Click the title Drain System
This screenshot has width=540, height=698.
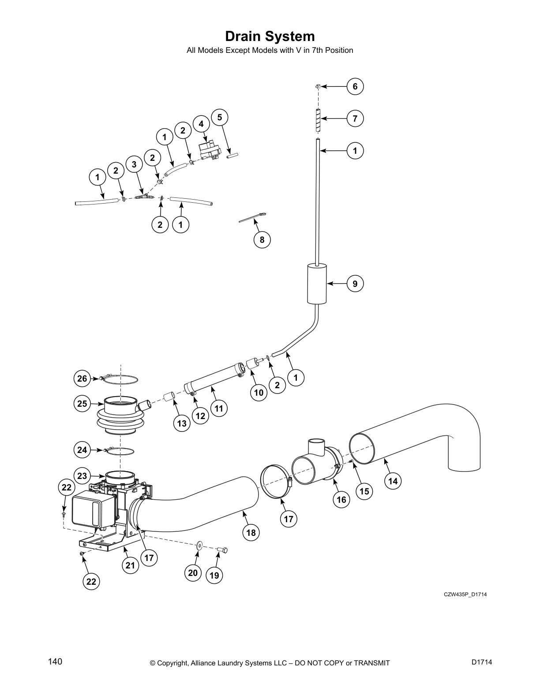point(270,36)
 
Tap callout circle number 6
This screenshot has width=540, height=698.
point(355,86)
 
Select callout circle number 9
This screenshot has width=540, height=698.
point(355,283)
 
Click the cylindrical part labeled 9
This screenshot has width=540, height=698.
point(317,283)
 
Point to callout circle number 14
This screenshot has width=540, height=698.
point(393,481)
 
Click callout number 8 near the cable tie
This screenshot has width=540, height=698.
point(262,239)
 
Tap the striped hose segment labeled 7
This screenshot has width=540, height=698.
point(318,119)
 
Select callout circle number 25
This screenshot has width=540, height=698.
point(82,403)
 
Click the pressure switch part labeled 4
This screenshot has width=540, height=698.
point(209,150)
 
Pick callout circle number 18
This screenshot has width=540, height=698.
point(251,533)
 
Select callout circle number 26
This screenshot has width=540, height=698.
point(82,378)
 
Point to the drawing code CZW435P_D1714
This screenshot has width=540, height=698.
point(465,594)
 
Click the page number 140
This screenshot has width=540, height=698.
point(55,662)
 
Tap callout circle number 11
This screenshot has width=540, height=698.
point(219,408)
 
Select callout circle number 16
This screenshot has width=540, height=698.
point(341,499)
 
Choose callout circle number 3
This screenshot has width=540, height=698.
point(134,164)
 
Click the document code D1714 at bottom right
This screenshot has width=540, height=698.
point(481,662)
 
